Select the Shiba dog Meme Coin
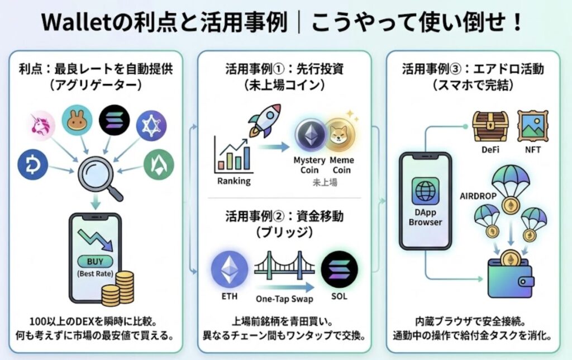[339, 136]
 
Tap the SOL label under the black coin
[339, 296]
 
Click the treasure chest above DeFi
[490, 126]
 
